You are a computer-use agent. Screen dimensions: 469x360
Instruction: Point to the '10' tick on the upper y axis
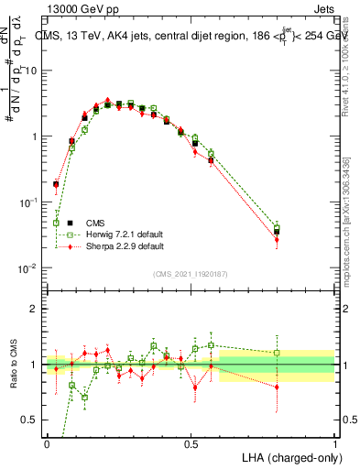pos(30,71)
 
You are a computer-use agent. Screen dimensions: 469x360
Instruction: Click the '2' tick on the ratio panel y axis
pos(34,308)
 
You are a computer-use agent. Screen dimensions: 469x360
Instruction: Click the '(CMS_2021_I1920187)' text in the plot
pos(190,273)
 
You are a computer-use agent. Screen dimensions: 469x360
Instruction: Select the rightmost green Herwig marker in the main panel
pos(277,226)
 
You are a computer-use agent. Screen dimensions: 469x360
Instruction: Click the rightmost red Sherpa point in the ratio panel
pos(277,387)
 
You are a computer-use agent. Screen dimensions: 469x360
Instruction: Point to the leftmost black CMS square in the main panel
pos(56,184)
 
